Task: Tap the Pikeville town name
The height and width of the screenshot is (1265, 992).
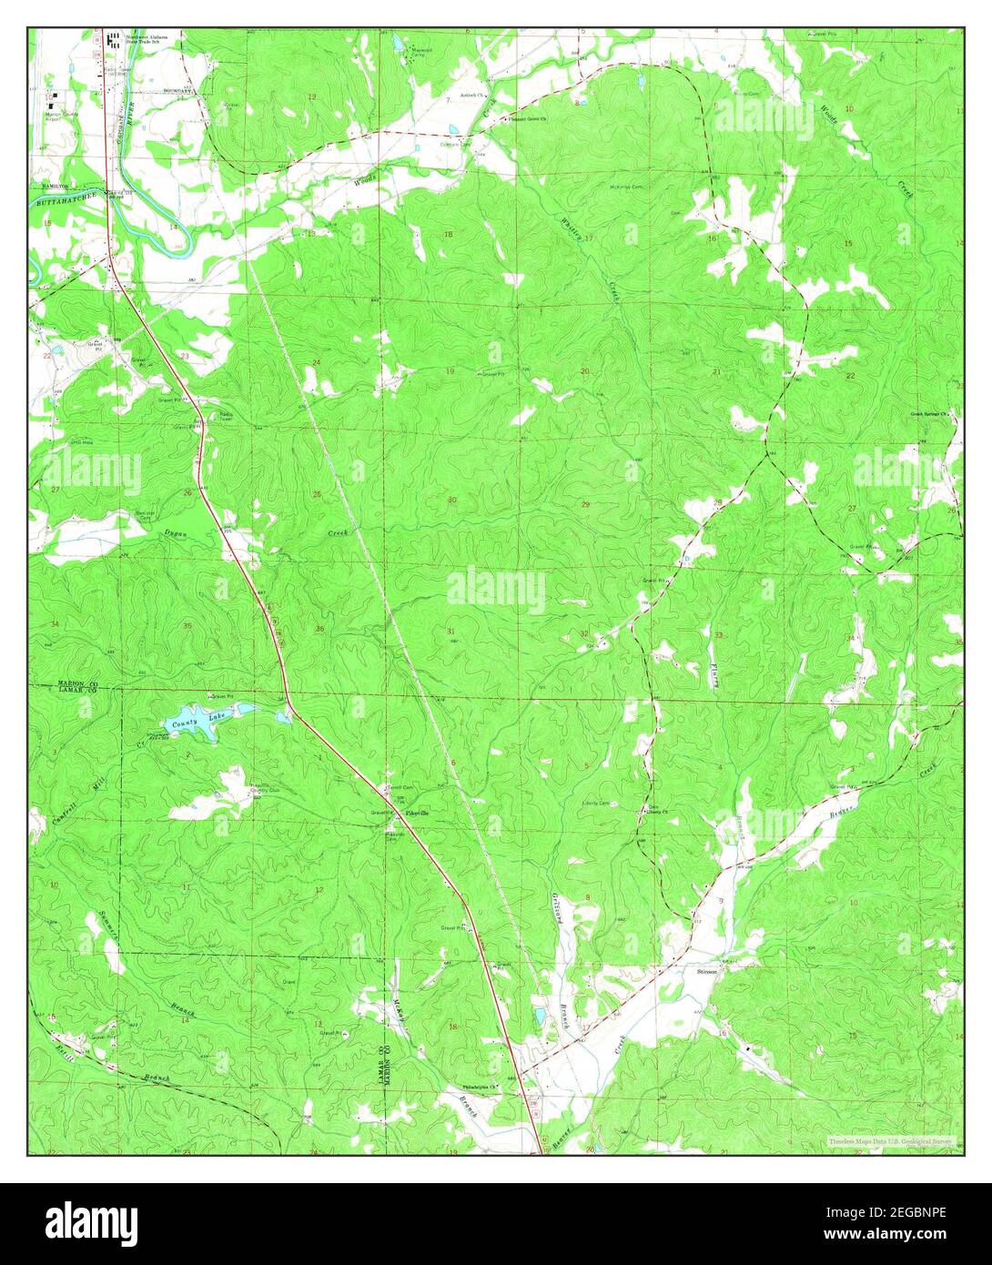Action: pyautogui.click(x=418, y=812)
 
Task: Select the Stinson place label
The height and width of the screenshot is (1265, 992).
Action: pyautogui.click(x=707, y=971)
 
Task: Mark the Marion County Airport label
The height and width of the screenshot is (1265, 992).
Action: pyautogui.click(x=63, y=114)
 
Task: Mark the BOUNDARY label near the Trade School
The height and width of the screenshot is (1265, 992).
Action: pyautogui.click(x=178, y=91)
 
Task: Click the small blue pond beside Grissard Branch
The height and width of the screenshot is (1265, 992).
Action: pyautogui.click(x=539, y=1014)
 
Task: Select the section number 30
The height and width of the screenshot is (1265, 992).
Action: pyautogui.click(x=451, y=501)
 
